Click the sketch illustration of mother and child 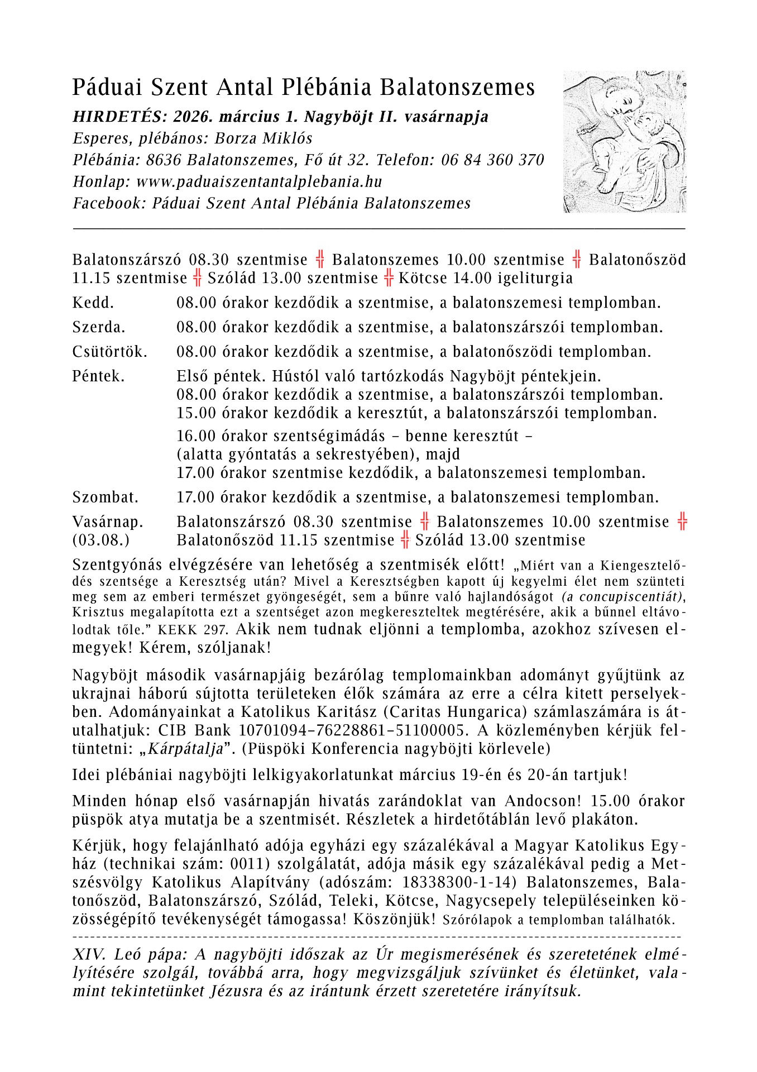pos(624,142)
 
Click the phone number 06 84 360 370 pos(492,161)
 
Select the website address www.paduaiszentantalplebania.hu pos(259,182)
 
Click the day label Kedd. pos(93,303)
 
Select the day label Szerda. pos(99,327)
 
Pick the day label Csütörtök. pos(110,352)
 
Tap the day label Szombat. pos(106,497)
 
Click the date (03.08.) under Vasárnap pos(101,540)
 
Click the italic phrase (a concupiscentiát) pos(623,597)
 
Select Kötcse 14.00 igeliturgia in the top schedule pos(485,278)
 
